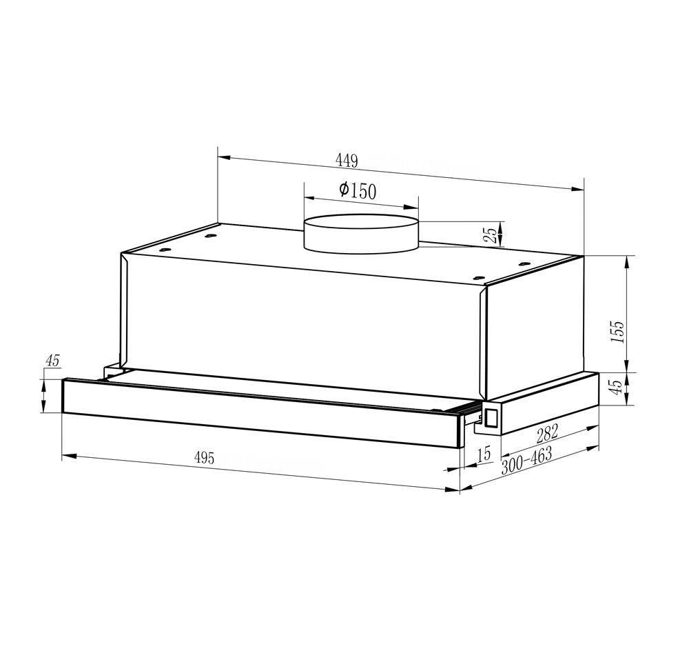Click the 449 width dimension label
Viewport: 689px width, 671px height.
347,160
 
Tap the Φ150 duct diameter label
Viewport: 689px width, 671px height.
357,190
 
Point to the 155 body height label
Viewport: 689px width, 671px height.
617,332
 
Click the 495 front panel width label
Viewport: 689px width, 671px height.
205,458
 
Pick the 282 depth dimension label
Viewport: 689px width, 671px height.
547,433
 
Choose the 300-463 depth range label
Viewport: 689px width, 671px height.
526,461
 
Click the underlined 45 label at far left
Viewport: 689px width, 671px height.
52,361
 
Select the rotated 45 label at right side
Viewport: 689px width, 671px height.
617,386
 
